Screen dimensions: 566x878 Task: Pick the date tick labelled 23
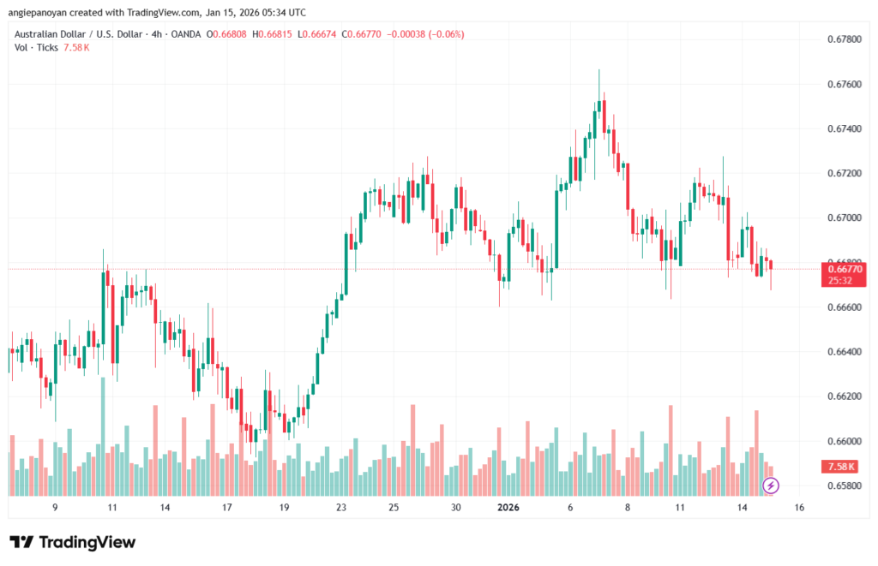(x=341, y=508)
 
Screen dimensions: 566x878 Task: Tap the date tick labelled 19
(x=284, y=508)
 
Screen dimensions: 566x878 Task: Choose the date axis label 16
(x=799, y=508)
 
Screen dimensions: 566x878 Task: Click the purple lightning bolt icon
(x=771, y=486)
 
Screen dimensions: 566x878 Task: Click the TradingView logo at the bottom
(x=73, y=542)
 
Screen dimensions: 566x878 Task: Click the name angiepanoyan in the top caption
(x=43, y=12)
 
